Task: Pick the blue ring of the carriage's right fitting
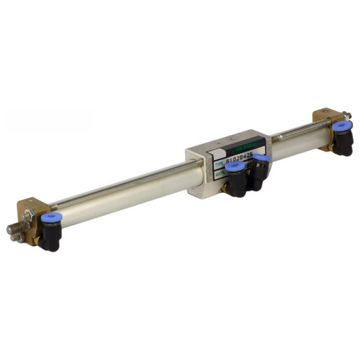[262, 159]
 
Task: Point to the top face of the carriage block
[224, 138]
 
